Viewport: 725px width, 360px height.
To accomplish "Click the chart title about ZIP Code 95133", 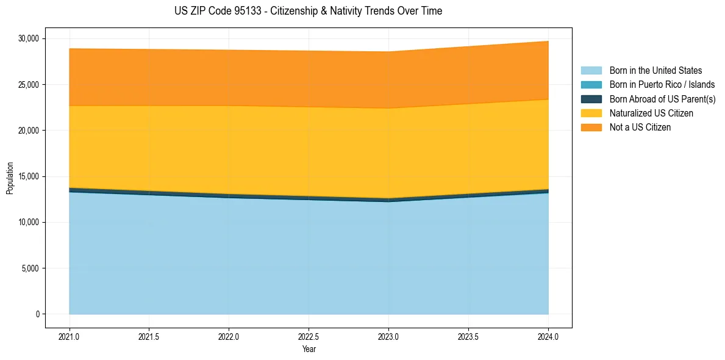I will coord(308,11).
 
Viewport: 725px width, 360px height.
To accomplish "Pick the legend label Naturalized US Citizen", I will coord(651,113).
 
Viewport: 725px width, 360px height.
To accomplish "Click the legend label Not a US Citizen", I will coord(640,128).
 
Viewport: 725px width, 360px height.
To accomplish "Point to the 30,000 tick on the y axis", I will coord(29,38).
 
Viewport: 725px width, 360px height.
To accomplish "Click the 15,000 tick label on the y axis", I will coord(29,176).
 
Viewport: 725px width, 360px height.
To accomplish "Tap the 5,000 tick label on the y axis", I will coord(30,268).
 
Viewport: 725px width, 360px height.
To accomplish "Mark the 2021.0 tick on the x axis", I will coord(69,336).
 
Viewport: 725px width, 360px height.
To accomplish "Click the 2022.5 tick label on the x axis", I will coord(309,336).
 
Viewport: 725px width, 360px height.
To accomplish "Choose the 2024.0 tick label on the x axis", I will coord(548,336).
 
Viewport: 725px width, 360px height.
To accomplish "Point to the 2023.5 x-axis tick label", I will coord(468,336).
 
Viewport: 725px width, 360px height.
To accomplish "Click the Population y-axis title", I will coord(10,178).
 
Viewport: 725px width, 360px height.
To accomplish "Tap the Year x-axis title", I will coord(309,349).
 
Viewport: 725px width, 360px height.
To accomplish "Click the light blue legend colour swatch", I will coord(591,71).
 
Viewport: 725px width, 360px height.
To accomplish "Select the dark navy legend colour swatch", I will coord(591,99).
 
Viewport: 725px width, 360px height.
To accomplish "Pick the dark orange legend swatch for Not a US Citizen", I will coord(591,128).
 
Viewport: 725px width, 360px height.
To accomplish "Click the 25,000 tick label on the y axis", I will coord(29,84).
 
